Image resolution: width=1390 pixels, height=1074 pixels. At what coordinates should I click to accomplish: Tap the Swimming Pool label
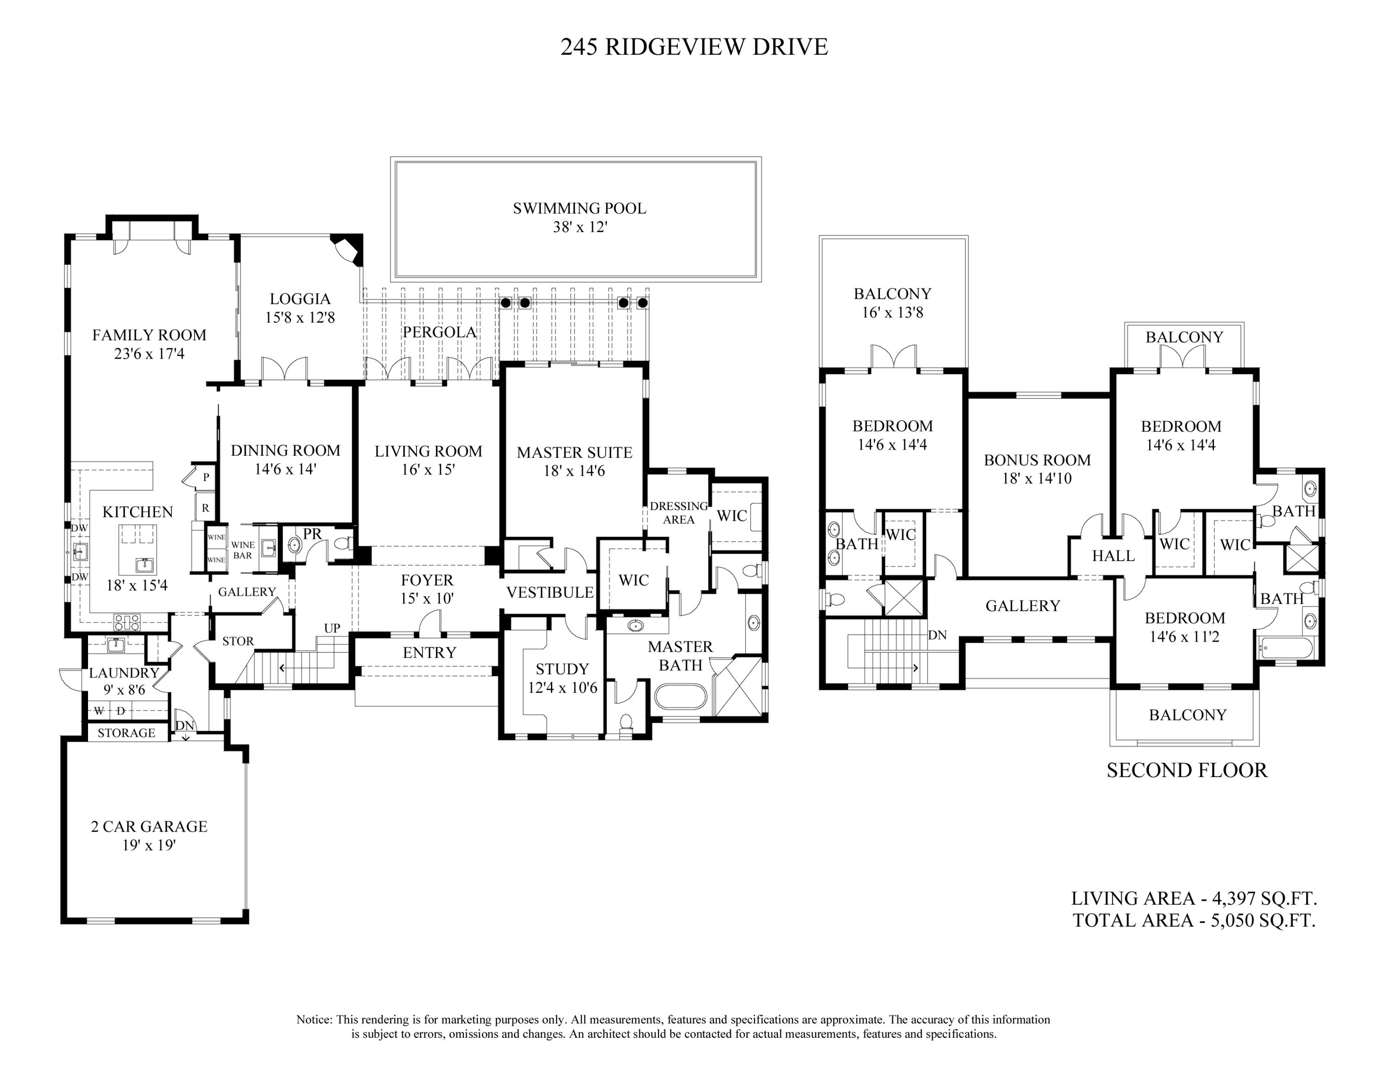[x=579, y=208]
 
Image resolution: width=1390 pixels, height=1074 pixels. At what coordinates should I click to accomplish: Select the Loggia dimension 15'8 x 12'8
[x=300, y=317]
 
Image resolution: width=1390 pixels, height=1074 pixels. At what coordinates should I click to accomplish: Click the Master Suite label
[x=574, y=452]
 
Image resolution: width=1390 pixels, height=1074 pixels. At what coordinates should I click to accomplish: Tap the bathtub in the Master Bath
[x=680, y=697]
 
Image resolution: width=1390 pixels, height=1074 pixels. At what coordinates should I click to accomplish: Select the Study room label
[x=562, y=669]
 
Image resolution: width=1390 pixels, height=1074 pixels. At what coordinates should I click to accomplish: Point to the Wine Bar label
[x=242, y=550]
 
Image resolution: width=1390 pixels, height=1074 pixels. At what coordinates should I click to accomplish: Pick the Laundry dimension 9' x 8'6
[x=124, y=689]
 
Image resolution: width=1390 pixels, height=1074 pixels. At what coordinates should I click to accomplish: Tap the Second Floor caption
[x=1187, y=771]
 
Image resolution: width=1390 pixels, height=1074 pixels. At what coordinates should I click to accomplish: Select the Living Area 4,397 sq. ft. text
[x=1194, y=898]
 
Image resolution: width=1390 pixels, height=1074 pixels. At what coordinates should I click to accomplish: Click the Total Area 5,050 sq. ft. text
[x=1194, y=920]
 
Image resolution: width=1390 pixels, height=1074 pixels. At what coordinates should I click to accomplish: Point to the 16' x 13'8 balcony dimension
[x=892, y=312]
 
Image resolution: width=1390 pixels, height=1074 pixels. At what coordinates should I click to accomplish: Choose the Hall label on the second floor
[x=1113, y=556]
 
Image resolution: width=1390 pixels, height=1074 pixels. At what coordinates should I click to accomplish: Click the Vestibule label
[x=550, y=592]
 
